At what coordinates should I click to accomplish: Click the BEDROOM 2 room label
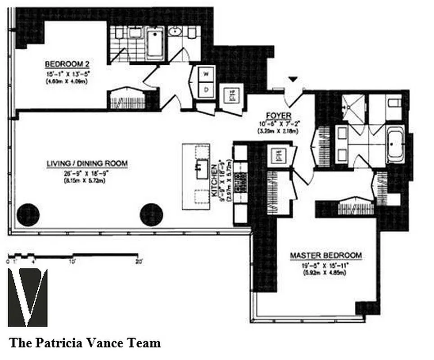click(66, 63)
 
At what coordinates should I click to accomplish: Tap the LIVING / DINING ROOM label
click(87, 163)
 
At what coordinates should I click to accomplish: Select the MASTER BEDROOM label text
click(325, 255)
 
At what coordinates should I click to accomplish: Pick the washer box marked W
click(207, 74)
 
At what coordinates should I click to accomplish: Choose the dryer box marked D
click(207, 90)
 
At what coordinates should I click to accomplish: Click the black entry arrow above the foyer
click(293, 80)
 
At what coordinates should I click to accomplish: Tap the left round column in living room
click(28, 215)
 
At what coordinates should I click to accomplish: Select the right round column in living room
click(151, 215)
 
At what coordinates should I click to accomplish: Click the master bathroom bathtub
click(395, 145)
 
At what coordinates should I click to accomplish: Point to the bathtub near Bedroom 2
click(155, 43)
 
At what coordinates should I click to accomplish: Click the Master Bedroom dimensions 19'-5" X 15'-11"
click(325, 265)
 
